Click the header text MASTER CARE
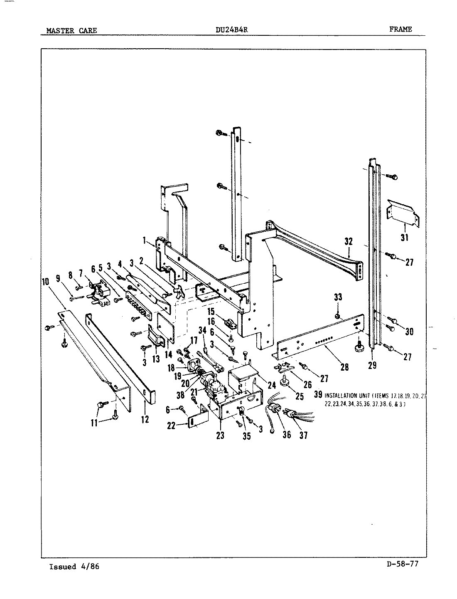(71, 30)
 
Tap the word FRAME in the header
(400, 29)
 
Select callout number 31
(404, 238)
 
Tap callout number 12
(145, 419)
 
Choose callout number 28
(344, 367)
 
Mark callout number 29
(372, 365)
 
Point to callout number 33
(338, 297)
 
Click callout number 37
(304, 436)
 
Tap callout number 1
(144, 240)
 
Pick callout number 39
(319, 395)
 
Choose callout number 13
(156, 359)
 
